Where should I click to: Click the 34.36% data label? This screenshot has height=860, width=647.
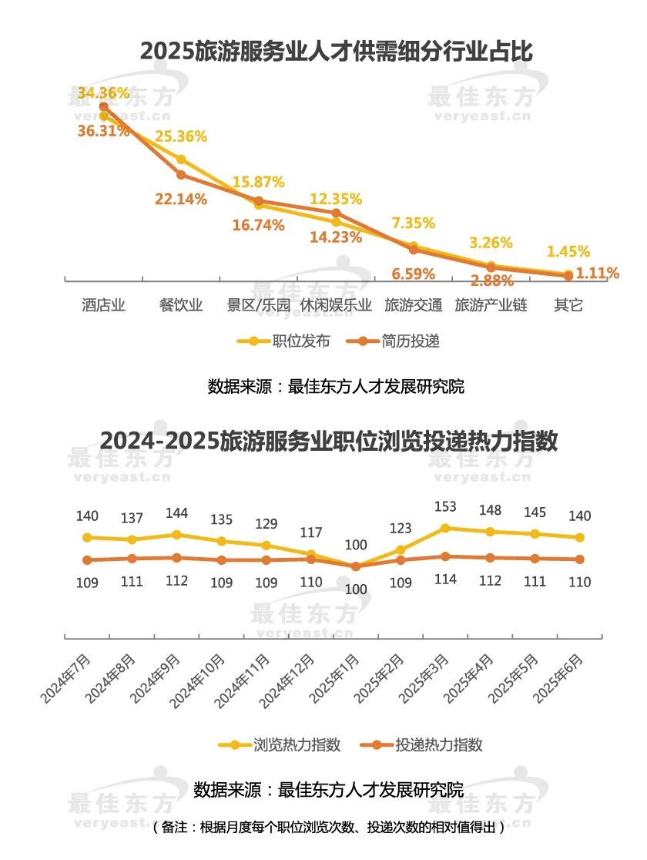coord(103,93)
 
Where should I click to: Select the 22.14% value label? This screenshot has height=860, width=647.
coord(181,200)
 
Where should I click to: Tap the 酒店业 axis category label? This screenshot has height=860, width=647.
coord(103,304)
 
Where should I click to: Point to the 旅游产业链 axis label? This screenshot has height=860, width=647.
coord(491,304)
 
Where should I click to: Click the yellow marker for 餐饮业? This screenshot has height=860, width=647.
coord(181,160)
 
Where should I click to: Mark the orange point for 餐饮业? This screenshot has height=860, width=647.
coord(181,175)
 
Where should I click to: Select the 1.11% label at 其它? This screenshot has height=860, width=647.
coord(598,273)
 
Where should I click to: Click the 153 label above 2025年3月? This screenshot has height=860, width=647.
coord(445,507)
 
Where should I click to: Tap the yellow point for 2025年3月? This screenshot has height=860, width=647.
coord(445,528)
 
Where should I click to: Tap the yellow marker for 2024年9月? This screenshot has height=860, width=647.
coord(176,535)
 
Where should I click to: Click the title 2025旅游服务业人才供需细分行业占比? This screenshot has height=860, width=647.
coord(337,52)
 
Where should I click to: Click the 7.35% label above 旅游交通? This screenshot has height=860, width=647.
coord(413,223)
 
